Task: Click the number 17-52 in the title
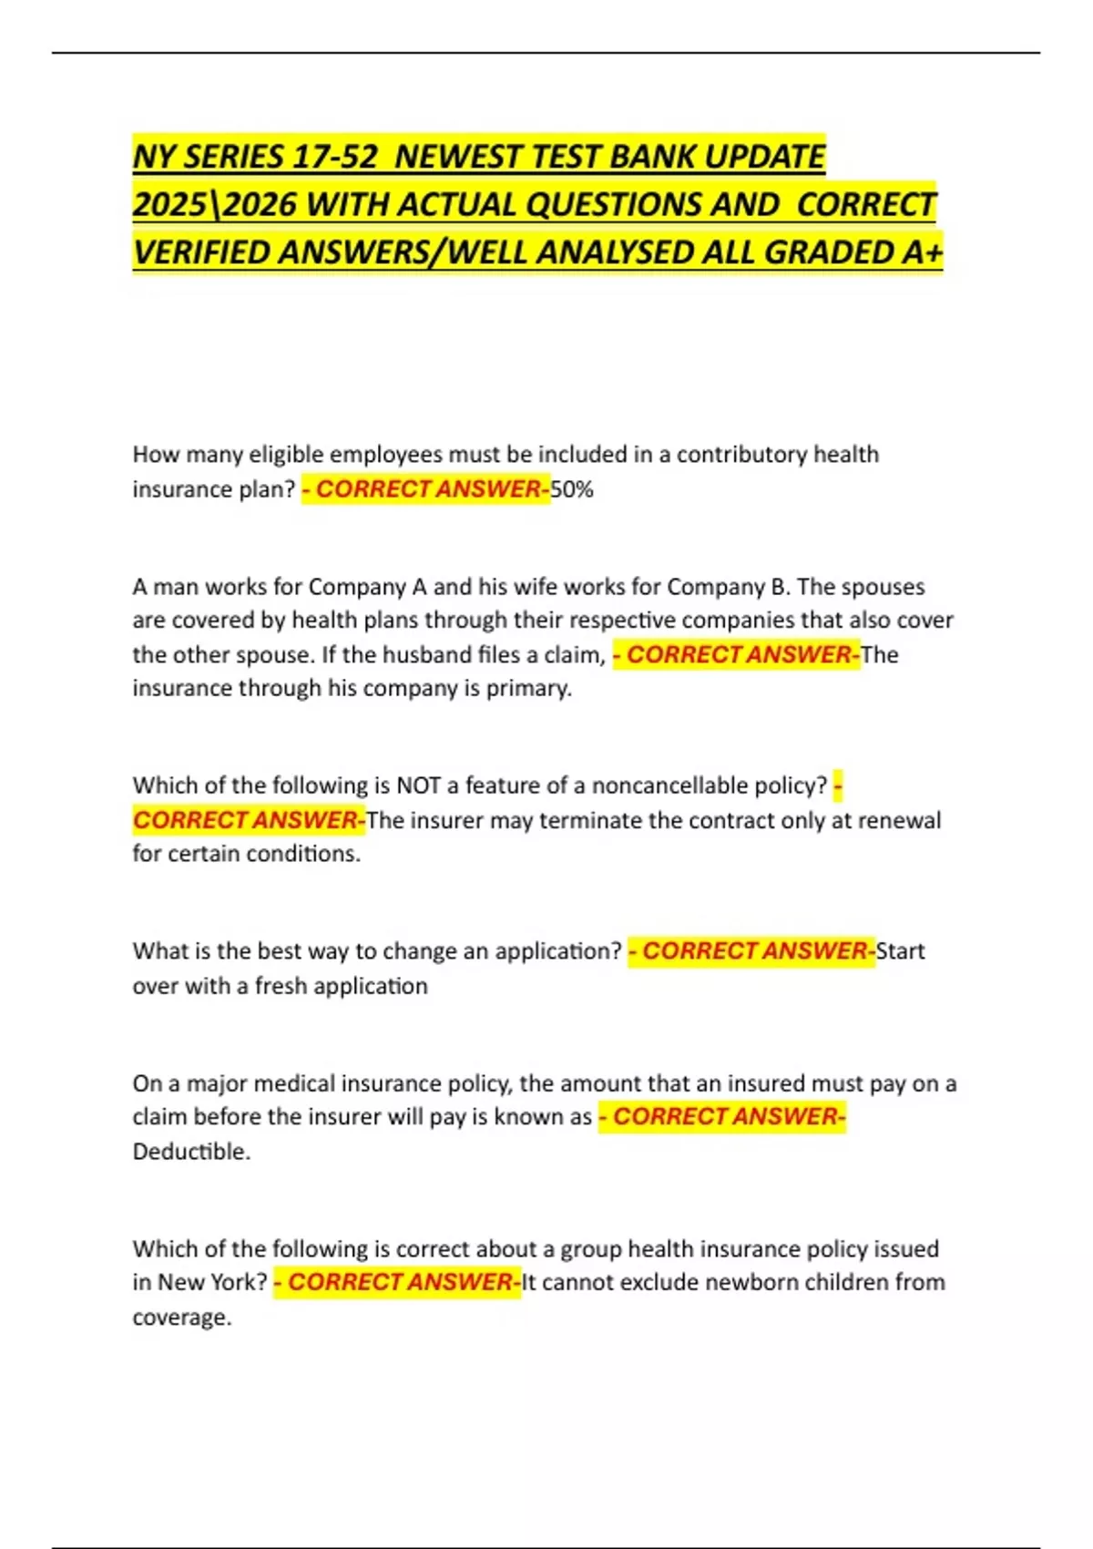click(x=334, y=158)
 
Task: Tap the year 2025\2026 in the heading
click(x=215, y=205)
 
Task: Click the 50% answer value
click(x=572, y=489)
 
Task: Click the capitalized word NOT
click(x=419, y=785)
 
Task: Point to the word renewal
click(x=900, y=820)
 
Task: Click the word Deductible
click(x=191, y=1152)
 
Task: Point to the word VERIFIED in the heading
click(x=201, y=252)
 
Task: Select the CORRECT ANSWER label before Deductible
click(x=722, y=1117)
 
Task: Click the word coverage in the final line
click(x=181, y=1318)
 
